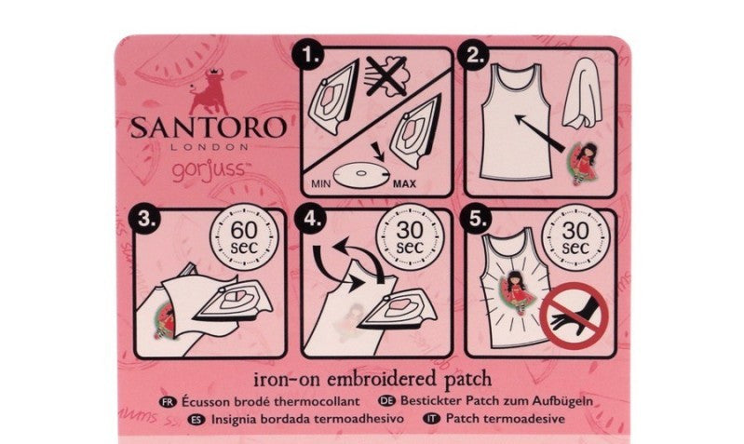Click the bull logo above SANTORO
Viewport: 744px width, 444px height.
[209, 91]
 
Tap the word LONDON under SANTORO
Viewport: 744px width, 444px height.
[210, 147]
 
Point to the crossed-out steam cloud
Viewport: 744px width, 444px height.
[386, 76]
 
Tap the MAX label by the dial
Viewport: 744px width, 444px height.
[404, 184]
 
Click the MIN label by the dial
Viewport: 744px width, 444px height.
[320, 183]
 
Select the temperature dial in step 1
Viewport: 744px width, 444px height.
[361, 175]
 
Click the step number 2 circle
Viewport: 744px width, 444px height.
[476, 56]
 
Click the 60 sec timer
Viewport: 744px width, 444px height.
[244, 236]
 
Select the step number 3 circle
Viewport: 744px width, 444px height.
[144, 219]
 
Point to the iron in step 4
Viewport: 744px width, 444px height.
[399, 312]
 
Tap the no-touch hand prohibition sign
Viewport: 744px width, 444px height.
[575, 316]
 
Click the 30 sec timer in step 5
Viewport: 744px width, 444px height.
[575, 236]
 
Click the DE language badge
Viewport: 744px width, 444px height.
[386, 401]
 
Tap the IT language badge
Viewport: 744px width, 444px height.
[431, 419]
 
